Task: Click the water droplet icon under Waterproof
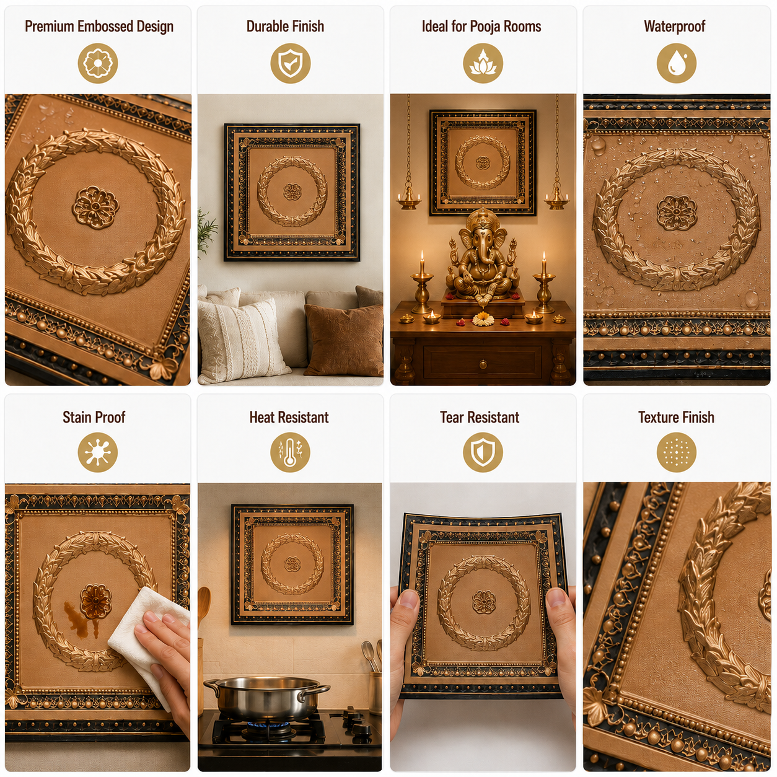676,63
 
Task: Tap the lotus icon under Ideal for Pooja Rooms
483,63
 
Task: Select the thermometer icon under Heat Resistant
290,452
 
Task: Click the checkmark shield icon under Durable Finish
291,63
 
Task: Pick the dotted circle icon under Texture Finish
676,452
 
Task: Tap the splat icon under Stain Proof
97,452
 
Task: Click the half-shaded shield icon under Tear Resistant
483,452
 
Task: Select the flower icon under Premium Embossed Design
97,63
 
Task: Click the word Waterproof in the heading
674,26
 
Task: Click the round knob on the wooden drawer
483,366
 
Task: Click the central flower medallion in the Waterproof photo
676,213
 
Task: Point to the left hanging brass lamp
409,198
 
